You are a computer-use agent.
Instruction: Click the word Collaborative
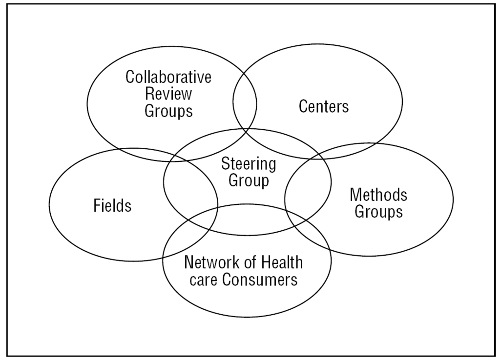(168, 77)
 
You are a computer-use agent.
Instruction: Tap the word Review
(168, 94)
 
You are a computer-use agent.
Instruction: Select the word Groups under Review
(168, 111)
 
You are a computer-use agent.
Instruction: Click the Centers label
(324, 106)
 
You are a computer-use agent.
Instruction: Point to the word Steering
(249, 164)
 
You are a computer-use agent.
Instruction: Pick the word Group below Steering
(249, 180)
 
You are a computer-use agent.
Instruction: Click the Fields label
(112, 205)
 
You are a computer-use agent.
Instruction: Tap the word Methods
(378, 195)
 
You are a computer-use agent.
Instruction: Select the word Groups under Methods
(378, 212)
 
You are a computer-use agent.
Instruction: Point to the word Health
(282, 262)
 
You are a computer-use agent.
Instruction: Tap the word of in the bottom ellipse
(250, 262)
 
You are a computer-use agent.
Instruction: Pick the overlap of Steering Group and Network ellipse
(247, 220)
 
